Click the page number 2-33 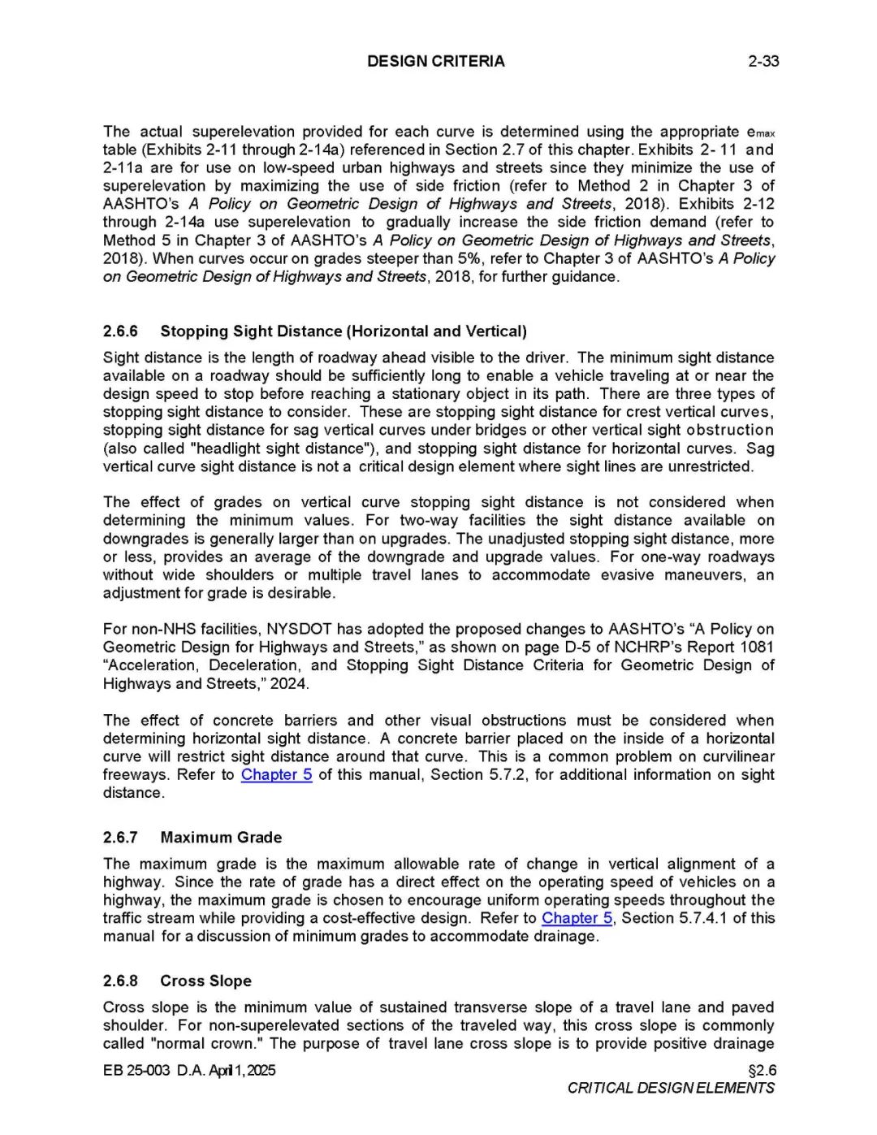click(x=763, y=61)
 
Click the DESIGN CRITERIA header click(x=435, y=61)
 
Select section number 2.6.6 click(x=120, y=331)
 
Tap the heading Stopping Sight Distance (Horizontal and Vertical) click(x=343, y=331)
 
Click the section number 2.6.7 click(x=120, y=838)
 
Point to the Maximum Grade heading click(x=221, y=838)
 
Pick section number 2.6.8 click(x=120, y=981)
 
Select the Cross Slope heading click(x=205, y=981)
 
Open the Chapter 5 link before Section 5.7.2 click(x=276, y=775)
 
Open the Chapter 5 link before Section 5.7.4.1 click(x=577, y=918)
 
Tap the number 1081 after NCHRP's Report click(x=756, y=648)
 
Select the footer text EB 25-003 click(x=136, y=1071)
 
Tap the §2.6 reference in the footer click(x=762, y=1071)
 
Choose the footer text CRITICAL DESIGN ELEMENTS click(x=671, y=1089)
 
